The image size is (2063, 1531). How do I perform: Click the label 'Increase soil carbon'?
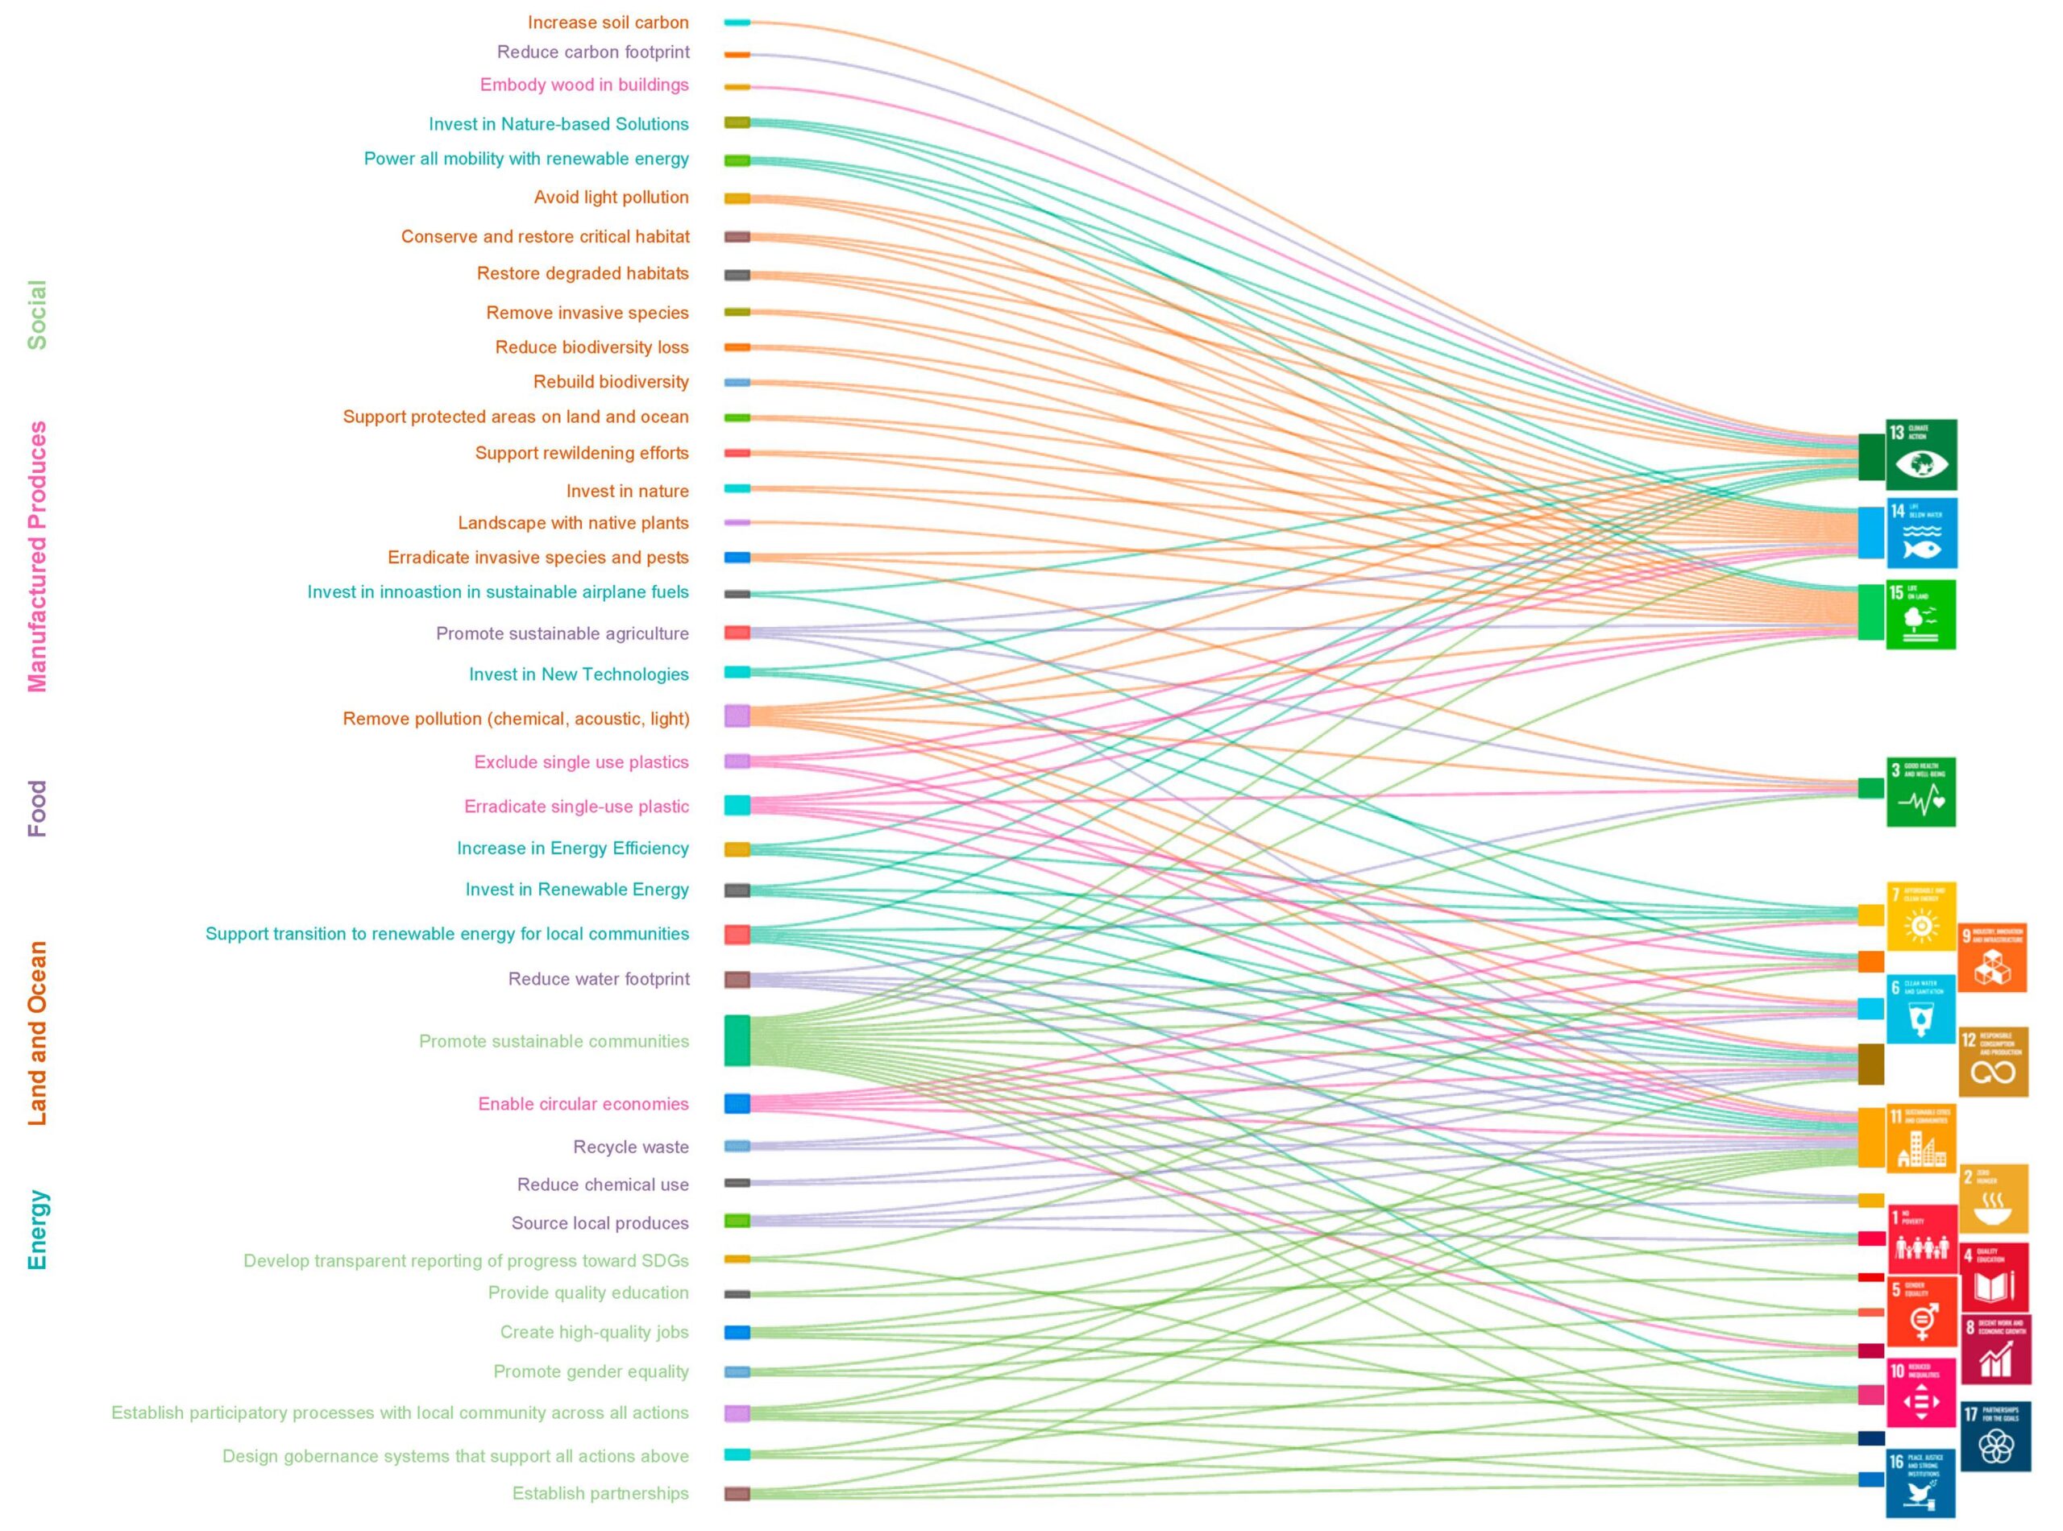(x=608, y=23)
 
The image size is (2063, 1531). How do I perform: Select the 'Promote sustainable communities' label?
(x=554, y=1041)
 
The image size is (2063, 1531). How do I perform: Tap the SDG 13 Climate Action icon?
(x=1921, y=454)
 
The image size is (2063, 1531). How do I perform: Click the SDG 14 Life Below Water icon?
(x=1921, y=533)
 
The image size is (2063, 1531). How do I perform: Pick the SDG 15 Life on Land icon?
(x=1920, y=615)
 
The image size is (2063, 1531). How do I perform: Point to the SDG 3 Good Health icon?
(x=1920, y=791)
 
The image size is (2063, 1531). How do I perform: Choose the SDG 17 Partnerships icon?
(x=1995, y=1437)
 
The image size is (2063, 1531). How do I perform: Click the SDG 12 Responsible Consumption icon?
(x=1993, y=1061)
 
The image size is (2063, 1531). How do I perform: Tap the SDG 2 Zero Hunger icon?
(x=1995, y=1198)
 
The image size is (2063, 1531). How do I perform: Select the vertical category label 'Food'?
(x=37, y=808)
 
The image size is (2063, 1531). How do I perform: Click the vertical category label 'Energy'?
(x=37, y=1230)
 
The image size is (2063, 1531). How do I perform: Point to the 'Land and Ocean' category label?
(x=37, y=1033)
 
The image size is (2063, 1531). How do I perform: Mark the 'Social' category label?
(x=37, y=314)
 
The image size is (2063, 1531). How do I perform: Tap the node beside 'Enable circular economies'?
(x=737, y=1103)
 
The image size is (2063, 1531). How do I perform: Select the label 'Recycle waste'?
(x=630, y=1147)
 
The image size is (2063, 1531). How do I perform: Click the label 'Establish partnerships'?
(x=600, y=1493)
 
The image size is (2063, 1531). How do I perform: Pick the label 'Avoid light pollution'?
(x=611, y=197)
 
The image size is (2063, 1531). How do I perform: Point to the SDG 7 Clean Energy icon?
(x=1921, y=916)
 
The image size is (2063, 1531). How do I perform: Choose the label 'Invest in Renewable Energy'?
(x=576, y=889)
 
